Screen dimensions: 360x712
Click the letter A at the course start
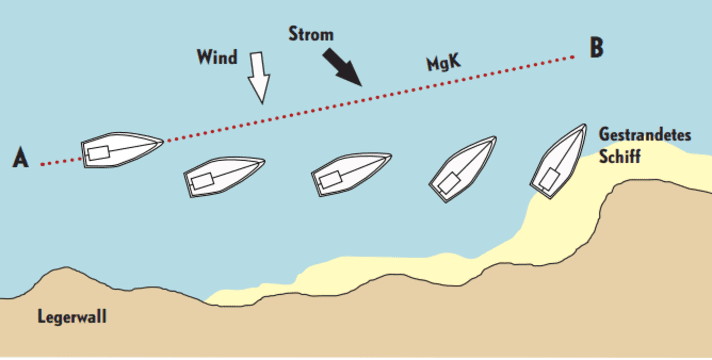pos(20,158)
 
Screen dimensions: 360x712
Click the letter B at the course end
pos(597,48)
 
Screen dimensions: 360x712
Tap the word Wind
pos(217,57)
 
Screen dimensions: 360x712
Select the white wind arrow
pos(259,77)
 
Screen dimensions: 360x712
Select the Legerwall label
pos(72,317)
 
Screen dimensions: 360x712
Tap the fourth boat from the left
pos(462,167)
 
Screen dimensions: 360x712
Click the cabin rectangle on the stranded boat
pos(548,179)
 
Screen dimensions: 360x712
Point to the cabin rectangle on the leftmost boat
pos(98,153)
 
